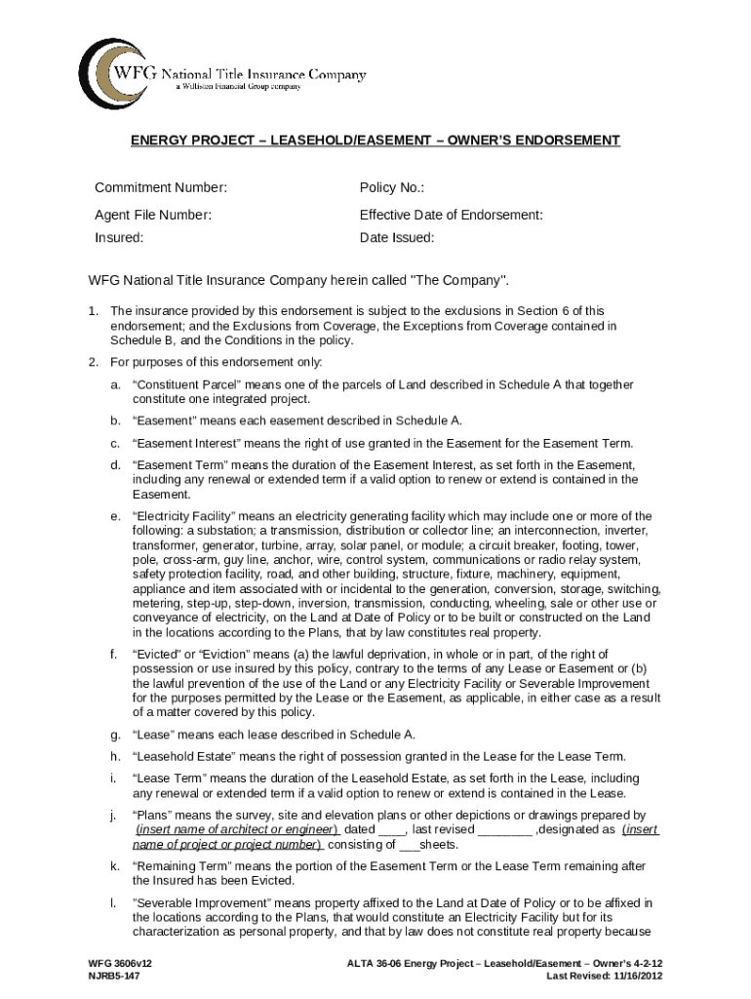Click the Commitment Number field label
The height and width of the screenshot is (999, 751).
click(161, 187)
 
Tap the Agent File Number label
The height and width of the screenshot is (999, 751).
click(153, 215)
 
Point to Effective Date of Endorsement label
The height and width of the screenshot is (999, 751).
click(451, 215)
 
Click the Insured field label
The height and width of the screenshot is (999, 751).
click(119, 237)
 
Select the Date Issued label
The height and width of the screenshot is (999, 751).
click(397, 237)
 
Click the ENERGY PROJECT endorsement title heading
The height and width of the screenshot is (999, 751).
click(375, 140)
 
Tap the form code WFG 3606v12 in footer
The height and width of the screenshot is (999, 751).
click(121, 963)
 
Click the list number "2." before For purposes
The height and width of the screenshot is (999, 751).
click(94, 363)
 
